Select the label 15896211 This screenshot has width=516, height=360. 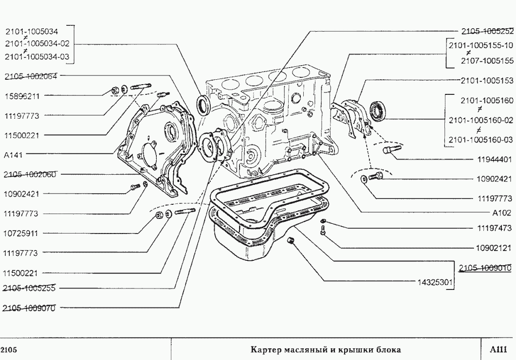(x=22, y=96)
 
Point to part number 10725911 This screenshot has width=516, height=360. (x=22, y=233)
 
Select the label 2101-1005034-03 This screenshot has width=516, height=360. (x=37, y=57)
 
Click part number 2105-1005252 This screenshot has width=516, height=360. (x=487, y=31)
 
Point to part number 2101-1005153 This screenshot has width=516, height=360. (x=487, y=80)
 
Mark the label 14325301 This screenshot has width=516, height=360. (x=436, y=281)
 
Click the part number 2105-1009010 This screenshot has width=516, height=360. (x=485, y=267)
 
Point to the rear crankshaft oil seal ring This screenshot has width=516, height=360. (x=378, y=111)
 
